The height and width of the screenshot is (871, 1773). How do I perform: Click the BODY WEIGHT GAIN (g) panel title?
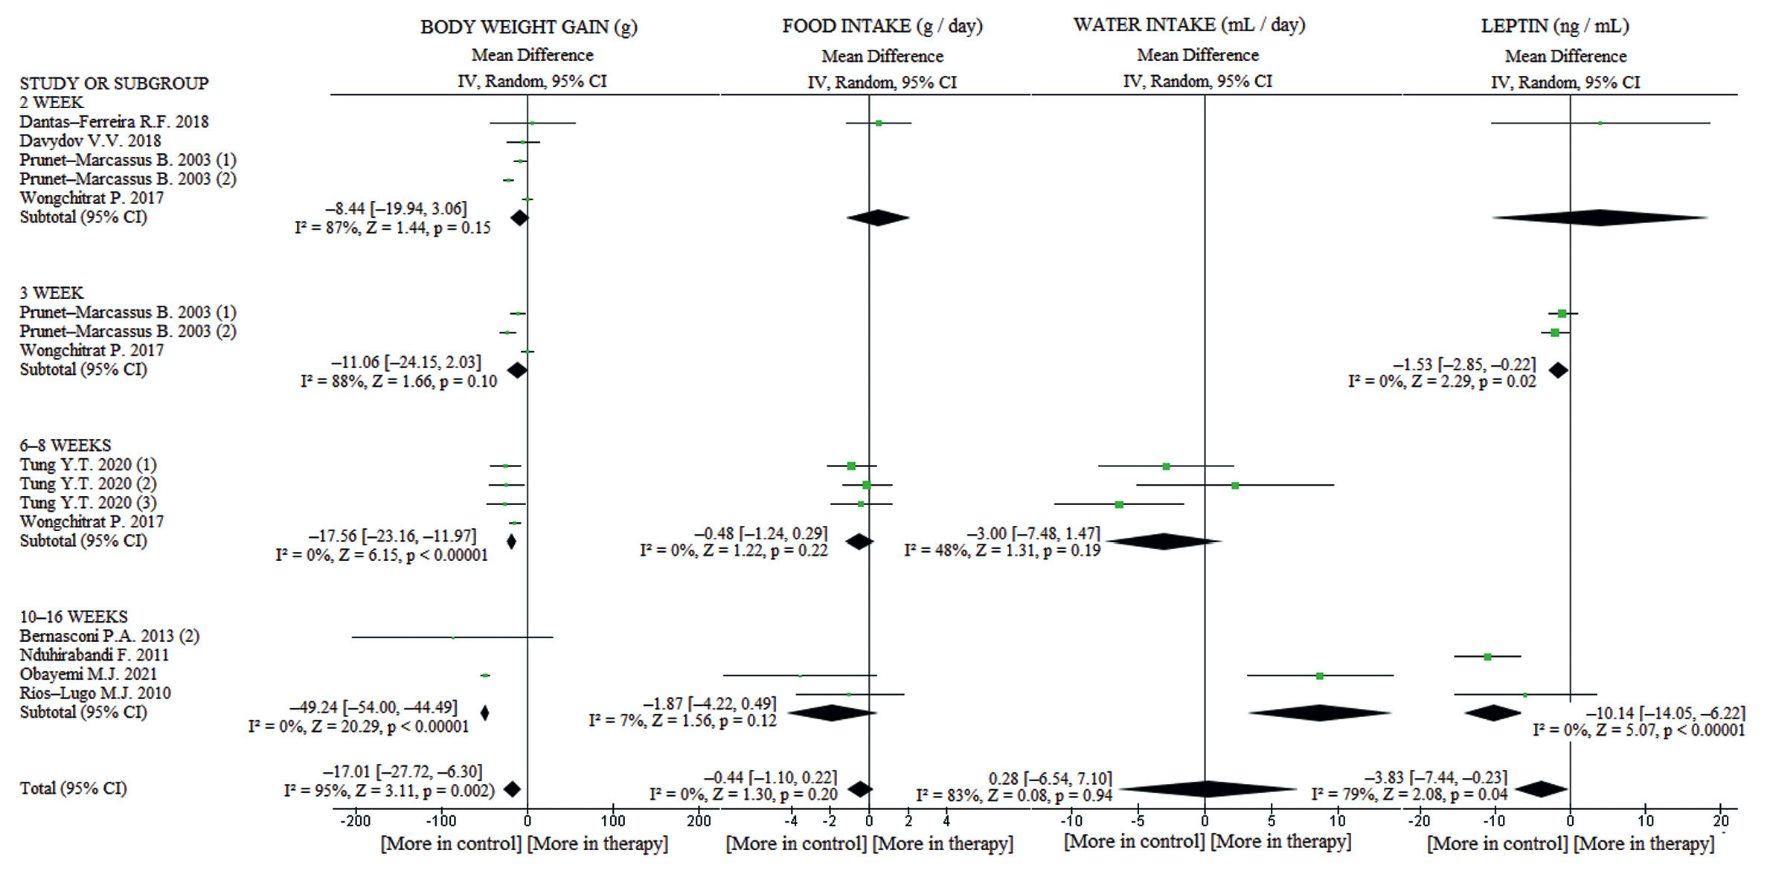tap(528, 28)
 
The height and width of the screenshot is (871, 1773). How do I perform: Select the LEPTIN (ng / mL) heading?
tap(1555, 26)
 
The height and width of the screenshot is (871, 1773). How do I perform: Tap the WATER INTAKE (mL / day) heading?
tap(1189, 25)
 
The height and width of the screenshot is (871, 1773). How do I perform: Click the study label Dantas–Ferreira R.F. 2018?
tap(114, 122)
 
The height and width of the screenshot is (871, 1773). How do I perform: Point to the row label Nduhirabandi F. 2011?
tap(94, 655)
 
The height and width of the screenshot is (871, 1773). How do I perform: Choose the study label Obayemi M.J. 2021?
tap(89, 675)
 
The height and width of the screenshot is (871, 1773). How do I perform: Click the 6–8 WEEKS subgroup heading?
tap(65, 446)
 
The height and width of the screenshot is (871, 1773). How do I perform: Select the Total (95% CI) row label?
tap(73, 788)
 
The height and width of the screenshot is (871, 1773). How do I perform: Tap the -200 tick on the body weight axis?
tap(355, 821)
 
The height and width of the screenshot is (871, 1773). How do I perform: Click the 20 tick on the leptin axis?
tap(1720, 821)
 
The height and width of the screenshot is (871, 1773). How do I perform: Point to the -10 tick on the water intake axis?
tap(1071, 821)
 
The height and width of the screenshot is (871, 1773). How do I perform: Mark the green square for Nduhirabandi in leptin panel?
tap(1487, 657)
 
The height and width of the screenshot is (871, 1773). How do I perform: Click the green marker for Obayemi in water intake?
tap(1319, 676)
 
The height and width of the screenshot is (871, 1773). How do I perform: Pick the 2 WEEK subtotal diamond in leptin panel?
tap(1600, 218)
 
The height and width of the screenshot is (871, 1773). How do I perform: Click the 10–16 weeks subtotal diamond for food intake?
tap(831, 713)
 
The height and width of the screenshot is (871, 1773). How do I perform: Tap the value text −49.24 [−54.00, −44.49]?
tap(373, 707)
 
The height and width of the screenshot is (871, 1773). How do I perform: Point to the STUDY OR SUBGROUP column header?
tap(114, 83)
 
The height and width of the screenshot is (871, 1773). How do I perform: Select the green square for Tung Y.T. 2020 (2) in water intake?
tap(1235, 486)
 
